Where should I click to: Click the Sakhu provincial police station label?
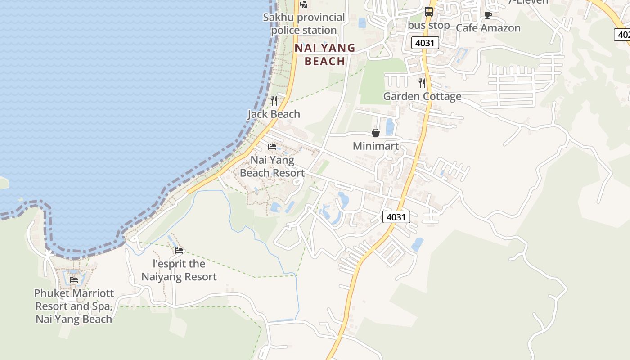click(304, 24)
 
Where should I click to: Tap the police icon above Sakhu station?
click(304, 4)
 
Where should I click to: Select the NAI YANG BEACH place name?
click(325, 54)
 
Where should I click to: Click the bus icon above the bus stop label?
click(429, 12)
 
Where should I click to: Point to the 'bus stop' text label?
click(429, 25)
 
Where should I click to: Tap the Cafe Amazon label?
click(488, 28)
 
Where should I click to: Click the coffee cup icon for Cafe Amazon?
click(488, 15)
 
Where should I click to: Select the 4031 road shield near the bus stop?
click(425, 43)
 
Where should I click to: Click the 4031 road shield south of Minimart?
click(396, 217)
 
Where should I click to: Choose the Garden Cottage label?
click(422, 96)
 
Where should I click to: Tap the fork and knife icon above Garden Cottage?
click(422, 83)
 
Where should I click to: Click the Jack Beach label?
click(274, 114)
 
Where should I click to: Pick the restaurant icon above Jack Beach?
click(274, 101)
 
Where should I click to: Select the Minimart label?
click(376, 146)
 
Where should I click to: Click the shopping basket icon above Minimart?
click(376, 133)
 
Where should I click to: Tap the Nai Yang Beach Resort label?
click(272, 166)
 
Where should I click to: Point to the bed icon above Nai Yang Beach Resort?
click(272, 147)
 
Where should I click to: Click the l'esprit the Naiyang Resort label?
click(179, 270)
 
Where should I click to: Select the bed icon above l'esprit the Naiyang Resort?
click(179, 251)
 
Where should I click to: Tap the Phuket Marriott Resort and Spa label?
click(74, 306)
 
